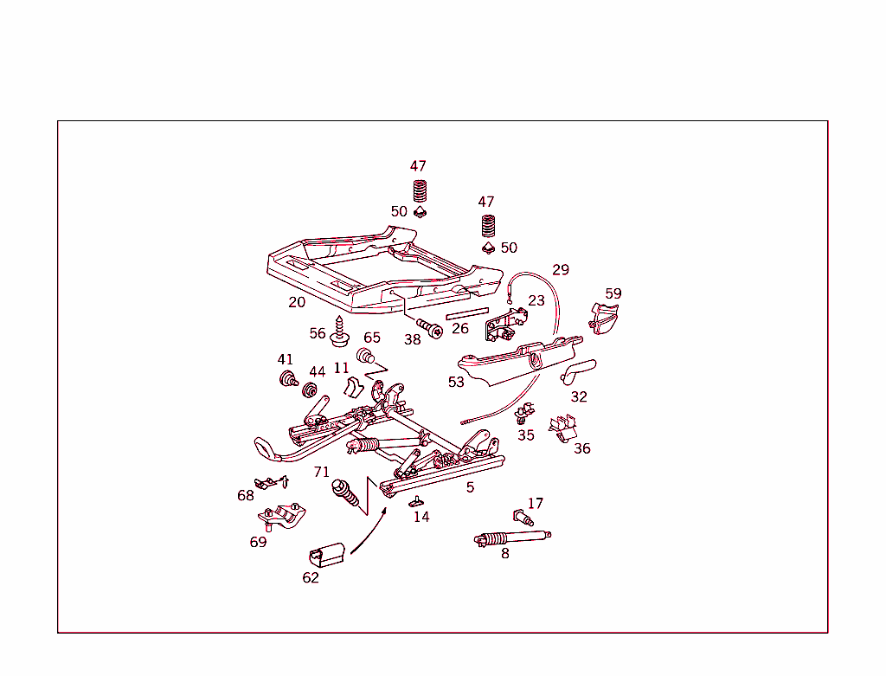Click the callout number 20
297,302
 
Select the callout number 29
561,270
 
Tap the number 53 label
456,382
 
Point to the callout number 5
470,487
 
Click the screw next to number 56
341,331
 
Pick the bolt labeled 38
430,327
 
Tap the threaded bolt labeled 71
345,494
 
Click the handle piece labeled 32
578,370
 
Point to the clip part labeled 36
564,428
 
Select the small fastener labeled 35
523,413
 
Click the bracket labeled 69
282,517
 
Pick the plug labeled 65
367,355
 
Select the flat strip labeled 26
467,312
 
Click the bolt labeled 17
522,517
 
